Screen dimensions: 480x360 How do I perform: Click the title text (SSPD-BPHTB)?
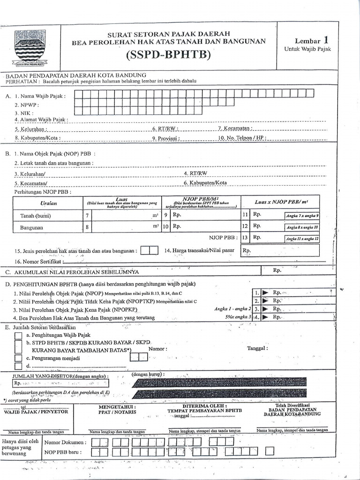coord(168,55)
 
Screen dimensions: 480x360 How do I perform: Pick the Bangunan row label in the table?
coord(31,227)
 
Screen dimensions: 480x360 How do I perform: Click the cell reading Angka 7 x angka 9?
coord(302,216)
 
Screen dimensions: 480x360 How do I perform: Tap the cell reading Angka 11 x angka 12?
coord(302,238)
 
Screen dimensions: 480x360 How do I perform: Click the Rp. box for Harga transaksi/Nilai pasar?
coord(280,251)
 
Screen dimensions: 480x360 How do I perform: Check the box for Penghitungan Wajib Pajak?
coord(18,336)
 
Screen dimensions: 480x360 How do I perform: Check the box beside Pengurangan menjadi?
coord(18,358)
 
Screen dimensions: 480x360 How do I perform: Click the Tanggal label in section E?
coord(257,348)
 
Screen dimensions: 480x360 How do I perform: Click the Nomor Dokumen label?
coord(65,442)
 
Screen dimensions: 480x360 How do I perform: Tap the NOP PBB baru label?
coord(63,452)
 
